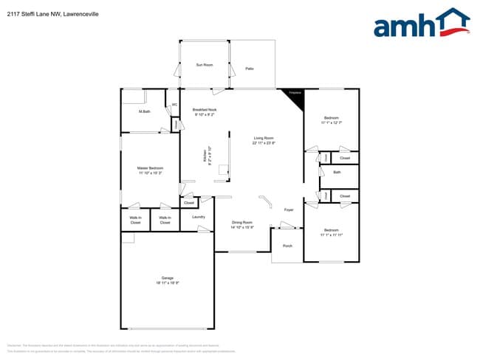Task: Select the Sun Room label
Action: (x=205, y=65)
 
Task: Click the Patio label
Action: (x=250, y=69)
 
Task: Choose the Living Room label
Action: (x=264, y=138)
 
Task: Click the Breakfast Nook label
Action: (x=205, y=109)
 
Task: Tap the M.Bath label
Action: (x=145, y=111)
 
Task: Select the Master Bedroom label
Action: (x=150, y=168)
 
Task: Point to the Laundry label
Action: (x=198, y=217)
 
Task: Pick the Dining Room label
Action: (x=242, y=222)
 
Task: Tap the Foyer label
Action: (x=289, y=210)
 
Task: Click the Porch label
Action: (x=287, y=246)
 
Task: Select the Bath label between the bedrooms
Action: (x=337, y=172)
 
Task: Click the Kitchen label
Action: (x=205, y=156)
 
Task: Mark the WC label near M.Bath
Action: (x=174, y=105)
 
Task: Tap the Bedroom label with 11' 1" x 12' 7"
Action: (x=330, y=118)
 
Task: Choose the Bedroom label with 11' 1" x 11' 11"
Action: (x=332, y=230)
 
